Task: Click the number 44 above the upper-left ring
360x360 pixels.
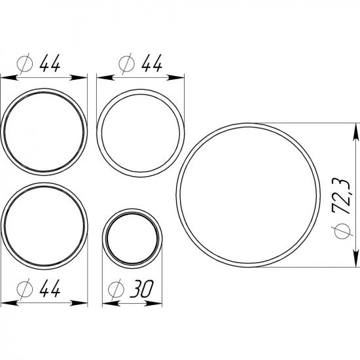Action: pyautogui.click(x=50, y=63)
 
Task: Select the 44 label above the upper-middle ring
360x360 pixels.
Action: pyautogui.click(x=152, y=63)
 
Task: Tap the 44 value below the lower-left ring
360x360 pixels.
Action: pyautogui.click(x=50, y=289)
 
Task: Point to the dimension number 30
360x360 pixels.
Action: pyautogui.click(x=141, y=289)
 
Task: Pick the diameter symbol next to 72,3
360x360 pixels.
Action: pyautogui.click(x=342, y=231)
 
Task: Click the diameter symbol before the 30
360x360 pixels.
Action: pyautogui.click(x=116, y=289)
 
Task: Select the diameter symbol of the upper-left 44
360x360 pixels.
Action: pyautogui.click(x=25, y=64)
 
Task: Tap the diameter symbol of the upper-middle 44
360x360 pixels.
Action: pyautogui.click(x=127, y=64)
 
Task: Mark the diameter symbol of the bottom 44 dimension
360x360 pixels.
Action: pyautogui.click(x=25, y=289)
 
